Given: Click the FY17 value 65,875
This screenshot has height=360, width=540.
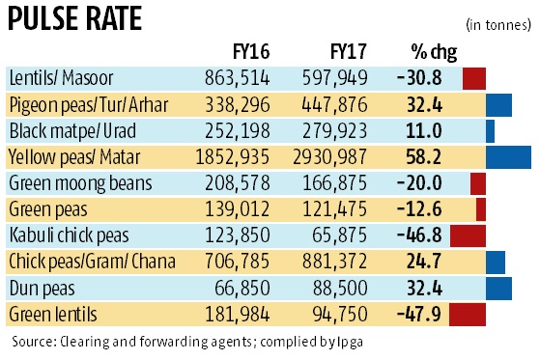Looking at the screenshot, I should click(x=334, y=235).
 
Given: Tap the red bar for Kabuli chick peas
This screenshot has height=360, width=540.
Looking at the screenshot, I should click(x=468, y=235).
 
